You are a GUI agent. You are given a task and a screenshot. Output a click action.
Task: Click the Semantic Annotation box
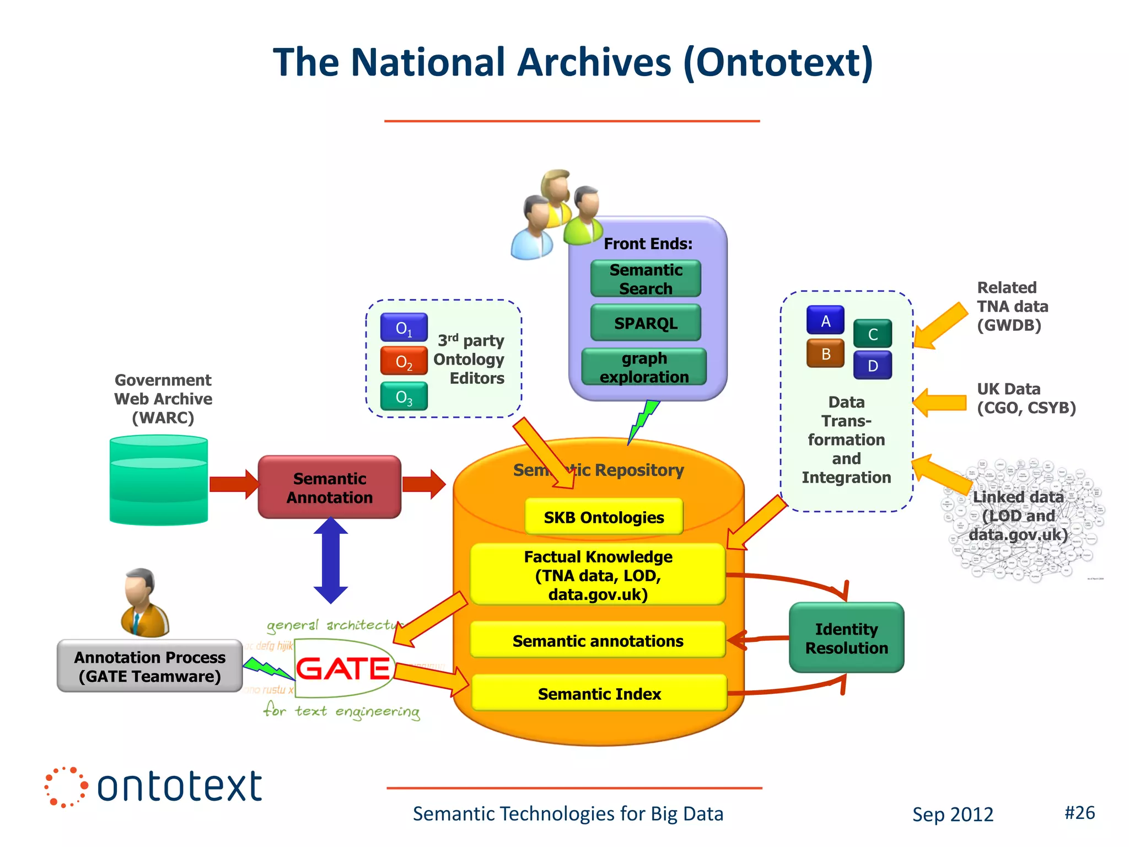pos(329,487)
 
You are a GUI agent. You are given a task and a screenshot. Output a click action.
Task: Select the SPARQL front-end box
pos(646,323)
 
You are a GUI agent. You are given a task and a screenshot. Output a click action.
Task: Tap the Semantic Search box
pos(646,279)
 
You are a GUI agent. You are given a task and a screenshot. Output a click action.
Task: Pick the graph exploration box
pos(644,367)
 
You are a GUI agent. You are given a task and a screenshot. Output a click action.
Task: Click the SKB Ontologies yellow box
pos(604,517)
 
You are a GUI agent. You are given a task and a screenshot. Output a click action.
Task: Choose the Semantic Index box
pos(599,693)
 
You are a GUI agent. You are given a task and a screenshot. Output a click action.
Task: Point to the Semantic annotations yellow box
pos(598,641)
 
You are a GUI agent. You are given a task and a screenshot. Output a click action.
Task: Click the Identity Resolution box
pos(846,638)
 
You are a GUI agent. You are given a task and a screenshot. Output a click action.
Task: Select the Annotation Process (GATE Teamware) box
pos(149,666)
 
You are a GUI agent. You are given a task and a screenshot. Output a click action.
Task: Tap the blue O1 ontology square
pos(404,328)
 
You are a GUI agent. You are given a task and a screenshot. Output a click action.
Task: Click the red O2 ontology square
pos(404,362)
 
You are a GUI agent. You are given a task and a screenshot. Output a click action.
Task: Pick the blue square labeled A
pos(825,321)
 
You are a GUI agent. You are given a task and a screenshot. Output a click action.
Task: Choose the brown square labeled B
pos(825,354)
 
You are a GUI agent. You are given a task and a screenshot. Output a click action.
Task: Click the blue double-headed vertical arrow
pos(331,560)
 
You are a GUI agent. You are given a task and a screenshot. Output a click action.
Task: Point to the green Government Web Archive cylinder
pos(159,480)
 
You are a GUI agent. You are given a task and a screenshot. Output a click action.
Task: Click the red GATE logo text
pos(343,669)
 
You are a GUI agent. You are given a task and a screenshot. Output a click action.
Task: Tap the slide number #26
pos(1079,813)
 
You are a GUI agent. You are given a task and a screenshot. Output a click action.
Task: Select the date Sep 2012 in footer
pos(953,814)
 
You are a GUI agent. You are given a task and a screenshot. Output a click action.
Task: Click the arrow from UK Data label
pos(940,403)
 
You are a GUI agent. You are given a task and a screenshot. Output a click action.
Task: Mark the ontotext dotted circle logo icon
pos(66,787)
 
